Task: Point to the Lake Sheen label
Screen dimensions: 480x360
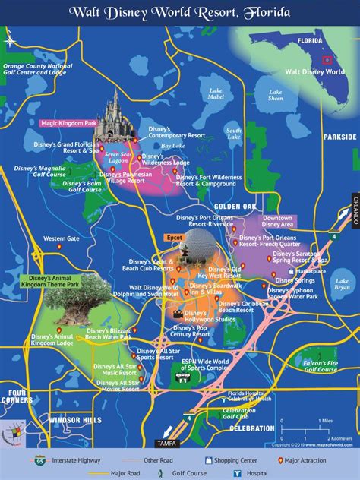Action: [x=275, y=95]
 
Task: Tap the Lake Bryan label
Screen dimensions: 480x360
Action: [x=343, y=283]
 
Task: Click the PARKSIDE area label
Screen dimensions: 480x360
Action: [x=339, y=137]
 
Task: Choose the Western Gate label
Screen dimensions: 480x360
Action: [x=61, y=238]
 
